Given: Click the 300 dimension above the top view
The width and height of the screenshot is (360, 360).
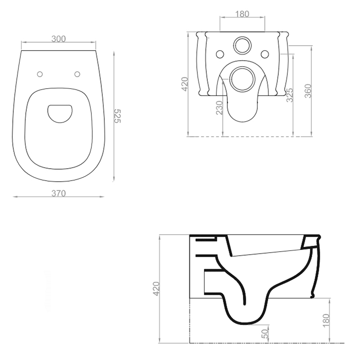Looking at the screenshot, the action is [x=59, y=39].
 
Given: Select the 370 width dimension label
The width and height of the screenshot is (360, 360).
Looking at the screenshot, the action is [x=59, y=193].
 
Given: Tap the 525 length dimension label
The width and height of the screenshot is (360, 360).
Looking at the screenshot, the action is [x=117, y=116].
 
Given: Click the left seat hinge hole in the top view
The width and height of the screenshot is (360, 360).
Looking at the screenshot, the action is [x=40, y=74].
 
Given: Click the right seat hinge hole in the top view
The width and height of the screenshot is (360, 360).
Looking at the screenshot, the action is [x=77, y=74].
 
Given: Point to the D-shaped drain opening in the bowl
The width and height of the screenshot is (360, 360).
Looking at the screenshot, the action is [x=60, y=114].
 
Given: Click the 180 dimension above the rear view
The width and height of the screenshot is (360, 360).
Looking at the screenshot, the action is [x=242, y=14].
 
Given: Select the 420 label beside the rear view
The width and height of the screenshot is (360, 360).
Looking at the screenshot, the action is [x=185, y=84].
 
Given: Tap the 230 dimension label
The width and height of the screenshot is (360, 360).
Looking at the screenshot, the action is [x=220, y=107].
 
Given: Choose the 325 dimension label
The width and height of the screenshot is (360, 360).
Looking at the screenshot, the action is [x=290, y=95].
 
